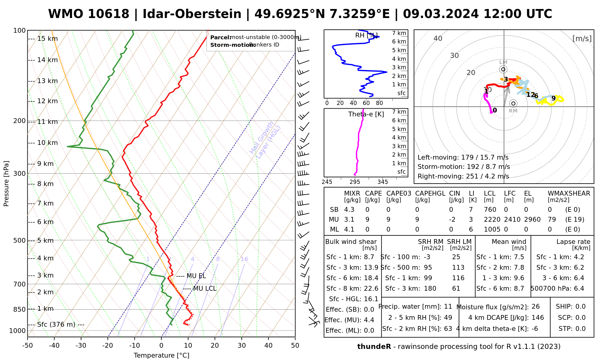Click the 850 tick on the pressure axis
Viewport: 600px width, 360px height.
click(x=19, y=309)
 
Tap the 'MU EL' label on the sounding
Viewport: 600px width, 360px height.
click(x=196, y=276)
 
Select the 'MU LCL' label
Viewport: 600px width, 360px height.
click(x=205, y=289)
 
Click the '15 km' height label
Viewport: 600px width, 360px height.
click(x=47, y=39)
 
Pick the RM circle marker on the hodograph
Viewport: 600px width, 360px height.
click(x=513, y=103)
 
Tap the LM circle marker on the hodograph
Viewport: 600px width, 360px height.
click(x=503, y=70)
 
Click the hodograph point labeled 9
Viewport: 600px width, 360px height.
click(x=553, y=98)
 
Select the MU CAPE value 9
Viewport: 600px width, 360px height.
click(x=367, y=220)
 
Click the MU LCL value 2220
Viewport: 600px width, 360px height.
click(x=492, y=220)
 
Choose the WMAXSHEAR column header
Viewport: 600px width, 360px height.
click(x=569, y=193)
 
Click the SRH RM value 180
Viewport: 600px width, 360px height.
click(x=430, y=289)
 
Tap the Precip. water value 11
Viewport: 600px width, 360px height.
click(x=448, y=307)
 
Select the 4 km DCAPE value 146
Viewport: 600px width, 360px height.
click(x=538, y=318)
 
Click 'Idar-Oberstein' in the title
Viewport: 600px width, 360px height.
click(x=192, y=14)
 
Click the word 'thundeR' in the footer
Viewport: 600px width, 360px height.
click(x=374, y=347)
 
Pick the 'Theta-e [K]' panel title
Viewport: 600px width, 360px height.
click(x=366, y=114)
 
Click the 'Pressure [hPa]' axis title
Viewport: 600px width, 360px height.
click(x=6, y=184)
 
